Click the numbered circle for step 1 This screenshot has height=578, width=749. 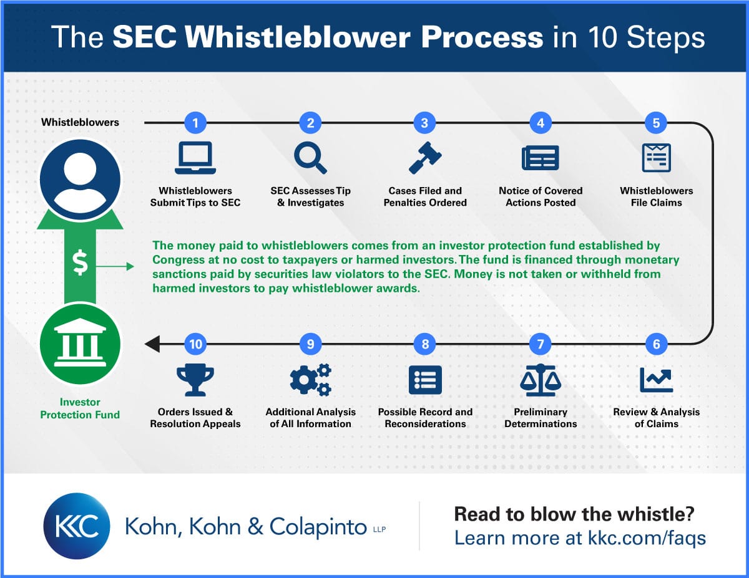(195, 123)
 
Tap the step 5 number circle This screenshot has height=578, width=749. (656, 123)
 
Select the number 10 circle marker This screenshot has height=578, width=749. (195, 344)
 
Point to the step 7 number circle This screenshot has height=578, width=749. (541, 344)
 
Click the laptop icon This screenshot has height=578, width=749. (195, 158)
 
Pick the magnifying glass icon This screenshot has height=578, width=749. (310, 158)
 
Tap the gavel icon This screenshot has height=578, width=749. (425, 158)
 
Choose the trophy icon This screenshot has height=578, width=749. (195, 380)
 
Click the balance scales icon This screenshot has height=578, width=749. (541, 380)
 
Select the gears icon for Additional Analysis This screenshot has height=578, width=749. (311, 379)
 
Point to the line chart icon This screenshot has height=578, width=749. (656, 380)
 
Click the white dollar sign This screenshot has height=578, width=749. (80, 263)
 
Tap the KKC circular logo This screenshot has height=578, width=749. (77, 526)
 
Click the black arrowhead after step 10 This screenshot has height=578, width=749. (152, 344)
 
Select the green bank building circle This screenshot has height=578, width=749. (80, 344)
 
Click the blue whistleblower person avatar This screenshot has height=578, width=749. (80, 180)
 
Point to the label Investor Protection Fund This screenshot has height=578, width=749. (80, 408)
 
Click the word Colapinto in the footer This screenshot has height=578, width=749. (318, 527)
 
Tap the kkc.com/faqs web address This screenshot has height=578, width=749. (647, 537)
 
